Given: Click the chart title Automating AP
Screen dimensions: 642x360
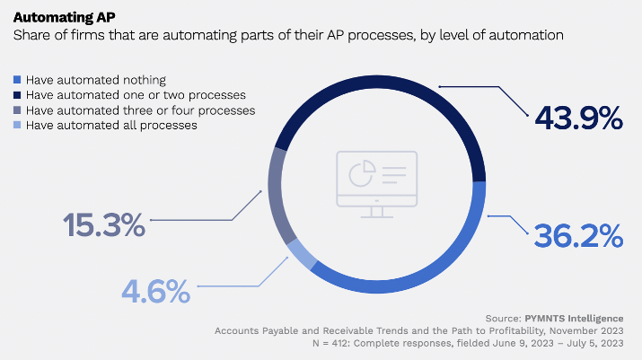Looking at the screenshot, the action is [x=65, y=17].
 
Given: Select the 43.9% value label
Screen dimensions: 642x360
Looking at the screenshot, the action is [x=578, y=118].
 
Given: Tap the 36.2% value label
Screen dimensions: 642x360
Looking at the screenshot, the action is [x=578, y=236].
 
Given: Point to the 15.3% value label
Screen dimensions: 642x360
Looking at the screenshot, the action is [x=104, y=224].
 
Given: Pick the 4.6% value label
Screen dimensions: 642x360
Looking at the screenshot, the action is [x=156, y=291].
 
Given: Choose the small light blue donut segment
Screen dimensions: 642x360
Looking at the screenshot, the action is [x=302, y=255].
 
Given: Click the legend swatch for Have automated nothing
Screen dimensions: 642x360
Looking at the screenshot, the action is [x=17, y=80].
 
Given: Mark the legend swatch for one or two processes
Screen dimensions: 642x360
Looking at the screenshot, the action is [x=17, y=94].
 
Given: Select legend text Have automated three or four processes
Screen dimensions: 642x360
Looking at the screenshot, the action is [x=140, y=110].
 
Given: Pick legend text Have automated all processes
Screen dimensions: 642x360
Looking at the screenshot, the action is [x=111, y=126].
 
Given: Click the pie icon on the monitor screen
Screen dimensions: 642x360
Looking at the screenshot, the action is [x=363, y=173].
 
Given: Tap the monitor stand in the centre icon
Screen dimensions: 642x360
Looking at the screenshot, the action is [x=377, y=212].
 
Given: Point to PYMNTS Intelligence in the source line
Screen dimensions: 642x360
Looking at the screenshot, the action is [x=574, y=319].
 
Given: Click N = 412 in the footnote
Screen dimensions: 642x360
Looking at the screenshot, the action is [x=330, y=343].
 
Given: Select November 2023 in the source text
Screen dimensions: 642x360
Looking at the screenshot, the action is [x=586, y=331].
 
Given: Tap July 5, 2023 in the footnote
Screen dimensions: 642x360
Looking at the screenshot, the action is [x=595, y=343].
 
